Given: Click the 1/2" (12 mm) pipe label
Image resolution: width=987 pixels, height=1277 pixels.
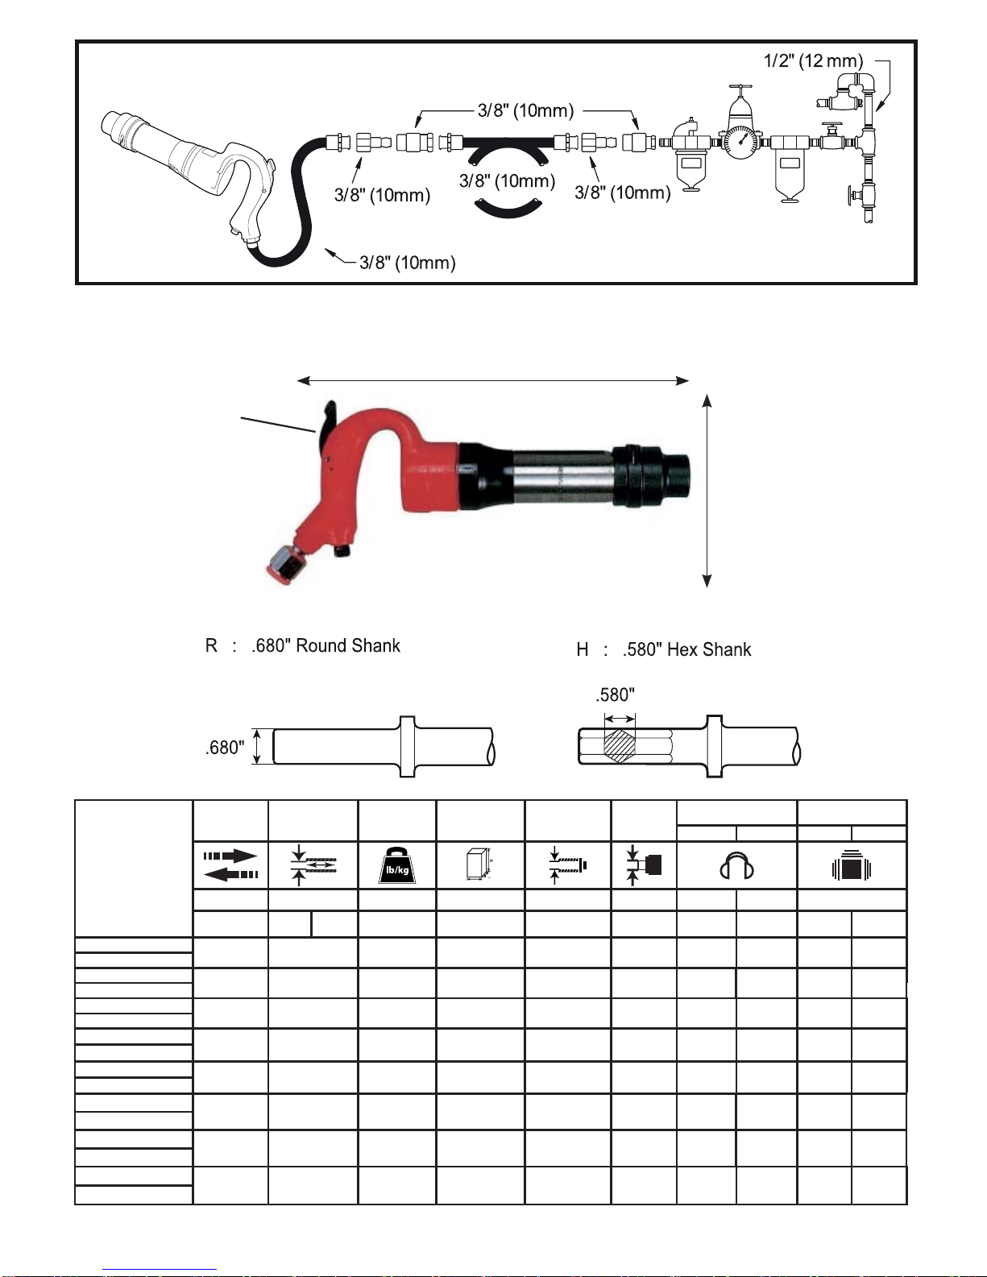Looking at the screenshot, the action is click(813, 60).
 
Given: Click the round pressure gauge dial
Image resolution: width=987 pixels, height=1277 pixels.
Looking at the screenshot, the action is click(739, 142).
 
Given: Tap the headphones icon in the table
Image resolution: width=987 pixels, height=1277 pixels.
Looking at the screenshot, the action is click(736, 865).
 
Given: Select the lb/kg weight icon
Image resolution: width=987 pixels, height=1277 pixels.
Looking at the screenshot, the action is click(397, 865).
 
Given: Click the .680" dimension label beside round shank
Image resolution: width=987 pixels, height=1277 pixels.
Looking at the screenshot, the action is click(225, 748).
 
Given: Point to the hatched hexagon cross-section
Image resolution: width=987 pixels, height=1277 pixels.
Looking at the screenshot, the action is click(620, 746).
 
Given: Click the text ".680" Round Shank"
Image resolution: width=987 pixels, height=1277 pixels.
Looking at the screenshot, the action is click(326, 645).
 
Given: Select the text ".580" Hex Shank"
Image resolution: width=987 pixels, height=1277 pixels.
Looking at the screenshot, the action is click(686, 649).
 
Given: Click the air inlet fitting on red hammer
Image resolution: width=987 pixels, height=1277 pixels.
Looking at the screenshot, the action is click(284, 565).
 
